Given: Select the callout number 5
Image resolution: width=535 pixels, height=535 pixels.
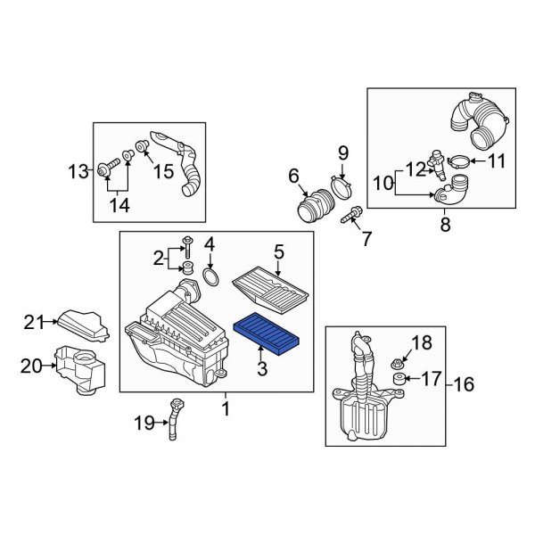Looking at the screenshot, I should pos(278,253).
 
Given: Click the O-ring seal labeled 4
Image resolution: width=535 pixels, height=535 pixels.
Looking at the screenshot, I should pos(211,278).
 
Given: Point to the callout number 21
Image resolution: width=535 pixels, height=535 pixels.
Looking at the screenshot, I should pos(34,322).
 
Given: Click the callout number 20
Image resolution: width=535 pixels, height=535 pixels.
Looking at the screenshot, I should pos(32,366).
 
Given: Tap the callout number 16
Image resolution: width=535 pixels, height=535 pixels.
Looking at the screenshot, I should pos(465,385).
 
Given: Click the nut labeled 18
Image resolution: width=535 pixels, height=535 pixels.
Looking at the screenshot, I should pos(398,363).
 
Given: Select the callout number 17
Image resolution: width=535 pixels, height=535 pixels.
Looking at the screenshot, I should pos(431,379).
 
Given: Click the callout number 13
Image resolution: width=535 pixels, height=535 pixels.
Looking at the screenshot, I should pos(79,169).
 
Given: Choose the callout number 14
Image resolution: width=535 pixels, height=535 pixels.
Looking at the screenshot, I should pos(119,205).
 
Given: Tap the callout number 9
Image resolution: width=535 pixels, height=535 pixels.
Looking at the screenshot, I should pos(342,152).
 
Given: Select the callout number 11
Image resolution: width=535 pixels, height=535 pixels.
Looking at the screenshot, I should pos(497,161).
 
